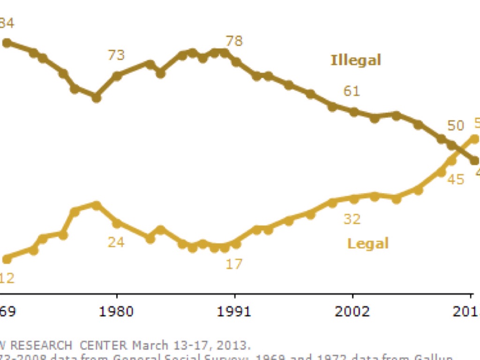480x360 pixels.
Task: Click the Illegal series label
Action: [356, 60]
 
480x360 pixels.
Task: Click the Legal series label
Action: [368, 243]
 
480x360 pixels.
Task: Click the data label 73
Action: [116, 55]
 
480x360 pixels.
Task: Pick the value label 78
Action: [234, 41]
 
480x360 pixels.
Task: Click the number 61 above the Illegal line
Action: [352, 91]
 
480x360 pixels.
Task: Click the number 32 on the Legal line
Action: [352, 219]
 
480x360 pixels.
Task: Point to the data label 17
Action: [234, 264]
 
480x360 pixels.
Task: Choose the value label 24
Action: [116, 242]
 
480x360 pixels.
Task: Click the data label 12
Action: [7, 278]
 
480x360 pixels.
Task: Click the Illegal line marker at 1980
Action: [117, 76]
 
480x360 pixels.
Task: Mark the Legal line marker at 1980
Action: [117, 223]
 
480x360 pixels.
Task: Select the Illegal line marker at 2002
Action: [354, 112]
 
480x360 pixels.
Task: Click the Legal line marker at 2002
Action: [354, 199]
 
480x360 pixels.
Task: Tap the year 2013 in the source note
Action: [233, 346]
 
